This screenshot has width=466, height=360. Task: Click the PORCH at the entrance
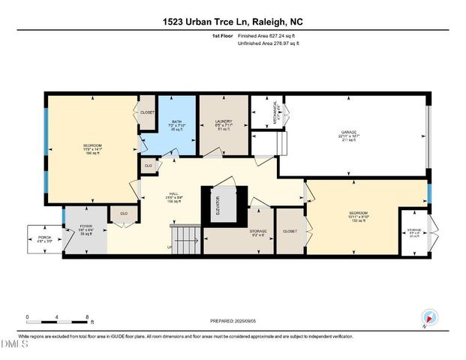pyautogui.click(x=44, y=241)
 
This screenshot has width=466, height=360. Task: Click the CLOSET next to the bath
pyautogui.click(x=147, y=112)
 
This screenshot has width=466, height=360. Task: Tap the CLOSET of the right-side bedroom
pyautogui.click(x=290, y=232)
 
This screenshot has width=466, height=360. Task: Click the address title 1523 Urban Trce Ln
pyautogui.click(x=233, y=22)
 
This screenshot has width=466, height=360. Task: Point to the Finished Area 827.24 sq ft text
pyautogui.click(x=269, y=35)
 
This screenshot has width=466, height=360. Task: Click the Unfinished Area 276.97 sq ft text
pyautogui.click(x=269, y=43)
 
